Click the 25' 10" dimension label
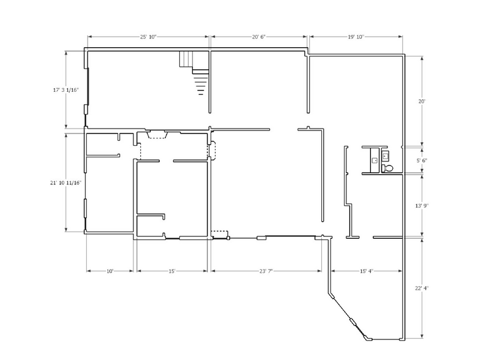tap(148, 37)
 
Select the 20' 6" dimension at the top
tap(259, 37)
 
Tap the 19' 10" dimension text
tap(356, 37)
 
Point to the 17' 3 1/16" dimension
tap(65, 90)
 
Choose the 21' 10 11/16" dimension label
tap(65, 182)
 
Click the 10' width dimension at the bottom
tap(110, 270)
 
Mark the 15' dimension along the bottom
tap(172, 270)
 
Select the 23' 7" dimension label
tap(264, 270)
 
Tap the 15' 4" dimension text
tap(365, 270)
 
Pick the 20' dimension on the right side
tap(421, 101)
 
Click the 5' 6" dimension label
tap(421, 160)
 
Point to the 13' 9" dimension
tap(421, 206)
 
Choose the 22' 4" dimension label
tap(421, 288)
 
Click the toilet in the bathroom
tap(387, 167)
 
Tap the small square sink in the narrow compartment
tap(374, 160)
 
